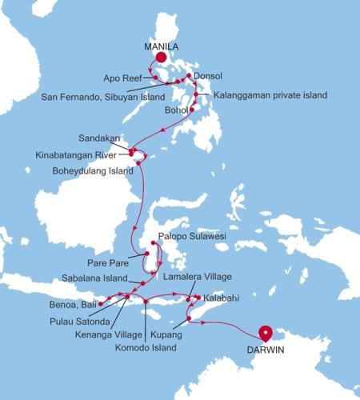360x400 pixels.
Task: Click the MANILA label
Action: [161, 46]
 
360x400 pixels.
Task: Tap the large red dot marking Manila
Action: [161, 58]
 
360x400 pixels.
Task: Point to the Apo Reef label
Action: [122, 78]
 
